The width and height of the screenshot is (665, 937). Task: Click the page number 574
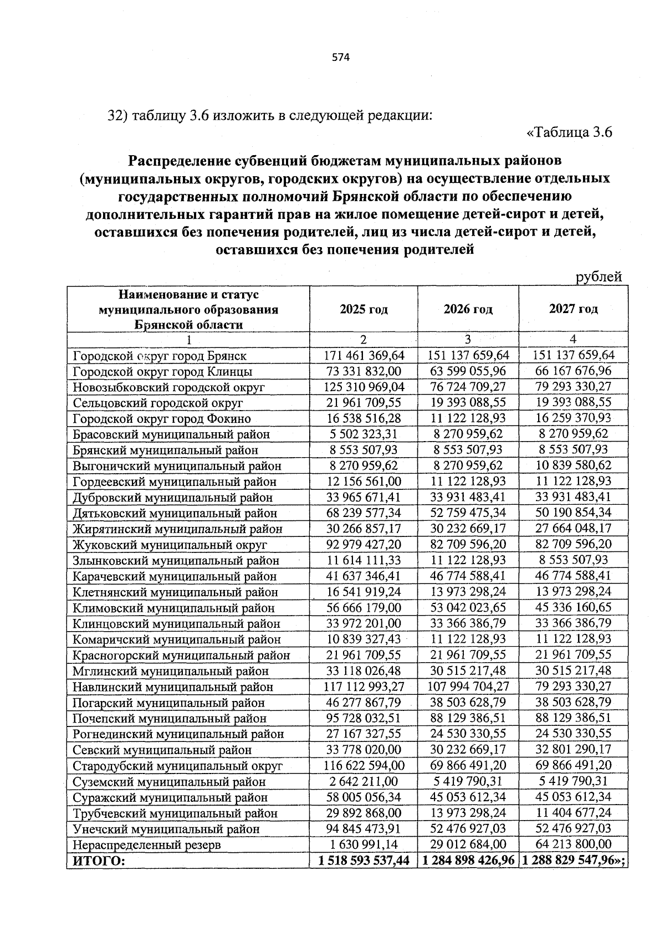point(341,57)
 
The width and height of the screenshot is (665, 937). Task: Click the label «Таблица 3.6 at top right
point(569,133)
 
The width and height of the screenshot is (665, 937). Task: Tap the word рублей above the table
point(598,277)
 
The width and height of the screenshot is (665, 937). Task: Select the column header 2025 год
point(364,309)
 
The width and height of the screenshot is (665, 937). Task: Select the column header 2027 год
point(573,309)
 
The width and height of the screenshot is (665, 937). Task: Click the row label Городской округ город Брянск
point(160,356)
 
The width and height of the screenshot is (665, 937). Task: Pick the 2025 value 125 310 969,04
point(364,387)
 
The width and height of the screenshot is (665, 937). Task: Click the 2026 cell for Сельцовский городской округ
point(469,402)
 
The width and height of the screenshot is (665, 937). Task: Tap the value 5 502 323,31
point(364,434)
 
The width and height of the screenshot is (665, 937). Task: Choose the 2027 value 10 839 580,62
point(573,465)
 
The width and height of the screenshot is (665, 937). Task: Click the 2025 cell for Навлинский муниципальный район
point(364,687)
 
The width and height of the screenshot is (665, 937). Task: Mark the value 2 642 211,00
point(364,781)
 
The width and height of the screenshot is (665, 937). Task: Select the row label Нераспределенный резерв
point(147,845)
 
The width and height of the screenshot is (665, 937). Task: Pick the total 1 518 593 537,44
point(364,861)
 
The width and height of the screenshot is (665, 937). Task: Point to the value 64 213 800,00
point(573,844)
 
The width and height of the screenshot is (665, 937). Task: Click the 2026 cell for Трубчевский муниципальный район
point(469,813)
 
